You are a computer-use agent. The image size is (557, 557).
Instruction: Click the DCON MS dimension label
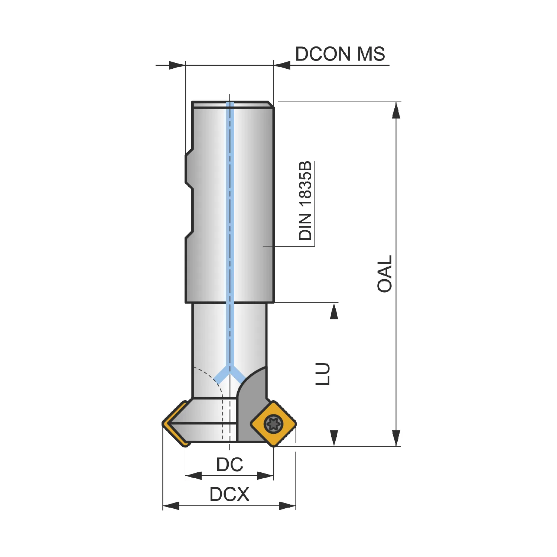pos(340,54)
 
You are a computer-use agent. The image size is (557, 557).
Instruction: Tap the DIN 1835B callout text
pos(305,201)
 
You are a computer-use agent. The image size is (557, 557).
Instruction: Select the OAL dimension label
pos(385,274)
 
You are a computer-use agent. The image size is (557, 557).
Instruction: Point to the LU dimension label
pos(323,374)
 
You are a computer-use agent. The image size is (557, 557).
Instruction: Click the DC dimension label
pos(230,465)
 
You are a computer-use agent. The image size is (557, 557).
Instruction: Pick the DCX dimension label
pos(229,494)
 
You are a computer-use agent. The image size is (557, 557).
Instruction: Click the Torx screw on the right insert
pos(273,423)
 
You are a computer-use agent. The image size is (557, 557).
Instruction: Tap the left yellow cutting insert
pos(175,424)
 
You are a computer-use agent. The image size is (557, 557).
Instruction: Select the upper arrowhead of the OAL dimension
pos(396,110)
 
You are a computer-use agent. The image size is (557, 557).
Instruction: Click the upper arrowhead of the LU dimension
pos(334,311)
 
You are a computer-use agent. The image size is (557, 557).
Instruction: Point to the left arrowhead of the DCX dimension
pos(171,506)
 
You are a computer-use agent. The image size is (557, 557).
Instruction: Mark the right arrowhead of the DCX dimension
pos(287,506)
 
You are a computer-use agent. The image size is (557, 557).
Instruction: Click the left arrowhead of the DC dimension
pos(194,476)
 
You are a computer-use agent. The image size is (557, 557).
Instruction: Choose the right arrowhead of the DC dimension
pos(265,476)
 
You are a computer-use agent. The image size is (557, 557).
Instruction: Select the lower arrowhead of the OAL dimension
pos(396,438)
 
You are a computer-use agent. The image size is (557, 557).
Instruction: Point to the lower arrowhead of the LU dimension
pos(334,438)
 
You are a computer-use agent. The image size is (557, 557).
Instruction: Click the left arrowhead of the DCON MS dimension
pos(177,65)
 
